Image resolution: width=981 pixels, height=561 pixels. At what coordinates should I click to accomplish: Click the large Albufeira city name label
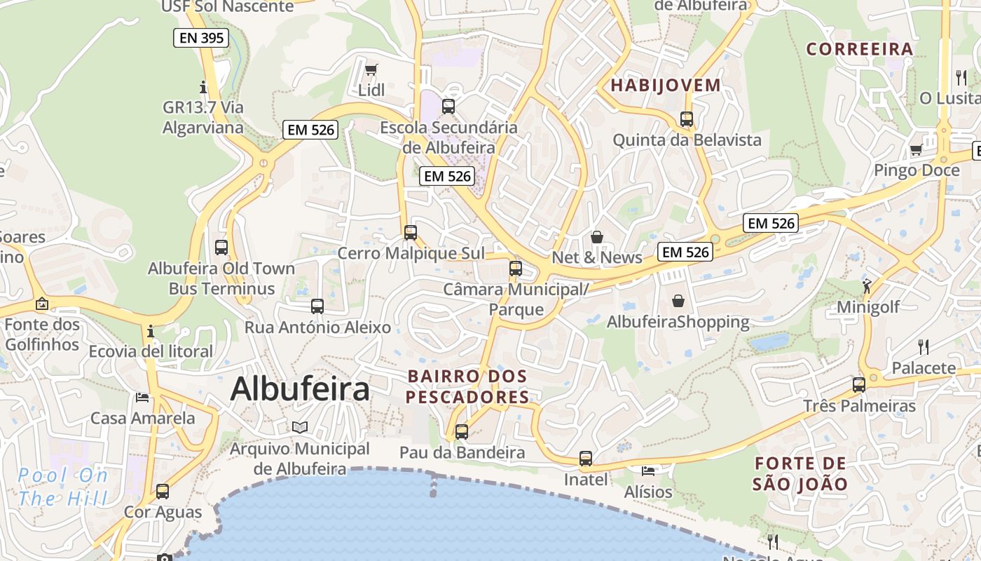(x=300, y=389)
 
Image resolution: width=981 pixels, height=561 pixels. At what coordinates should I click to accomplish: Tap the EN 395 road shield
(x=201, y=38)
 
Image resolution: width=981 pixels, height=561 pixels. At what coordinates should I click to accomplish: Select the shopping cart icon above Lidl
(x=371, y=69)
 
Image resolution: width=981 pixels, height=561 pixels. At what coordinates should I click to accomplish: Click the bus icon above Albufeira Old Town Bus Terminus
(x=221, y=248)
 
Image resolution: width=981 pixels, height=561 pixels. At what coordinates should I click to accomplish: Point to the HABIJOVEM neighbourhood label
(x=666, y=86)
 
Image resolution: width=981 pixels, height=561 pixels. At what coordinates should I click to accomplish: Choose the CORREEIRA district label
(x=860, y=49)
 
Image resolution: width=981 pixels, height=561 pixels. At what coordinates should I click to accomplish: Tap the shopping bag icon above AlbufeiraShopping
(x=678, y=302)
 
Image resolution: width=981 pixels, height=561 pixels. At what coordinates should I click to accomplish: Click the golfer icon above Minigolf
(x=867, y=285)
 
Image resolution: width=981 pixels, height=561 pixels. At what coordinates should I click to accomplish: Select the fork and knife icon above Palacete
(x=924, y=346)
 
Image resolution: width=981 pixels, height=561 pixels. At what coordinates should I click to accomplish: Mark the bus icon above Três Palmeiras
(x=859, y=385)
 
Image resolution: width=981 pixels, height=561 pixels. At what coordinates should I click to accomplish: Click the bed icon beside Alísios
(x=648, y=471)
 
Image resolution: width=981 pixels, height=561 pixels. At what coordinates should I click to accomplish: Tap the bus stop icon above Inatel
(x=586, y=459)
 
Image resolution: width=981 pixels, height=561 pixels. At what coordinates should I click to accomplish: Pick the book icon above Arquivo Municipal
(x=300, y=427)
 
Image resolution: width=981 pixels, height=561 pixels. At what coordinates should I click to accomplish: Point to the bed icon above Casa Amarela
(x=142, y=398)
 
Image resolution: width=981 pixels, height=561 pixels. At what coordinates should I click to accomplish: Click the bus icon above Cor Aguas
(x=163, y=492)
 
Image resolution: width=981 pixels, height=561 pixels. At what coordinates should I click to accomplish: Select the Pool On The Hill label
(x=63, y=487)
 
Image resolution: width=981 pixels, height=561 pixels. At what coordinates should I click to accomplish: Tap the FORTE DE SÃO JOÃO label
(x=800, y=473)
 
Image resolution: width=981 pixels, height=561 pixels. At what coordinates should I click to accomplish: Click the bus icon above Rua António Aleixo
(x=317, y=306)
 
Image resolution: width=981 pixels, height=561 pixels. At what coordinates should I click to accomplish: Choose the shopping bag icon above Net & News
(x=597, y=237)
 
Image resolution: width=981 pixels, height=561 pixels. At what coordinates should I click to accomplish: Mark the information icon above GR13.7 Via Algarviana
(x=203, y=87)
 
